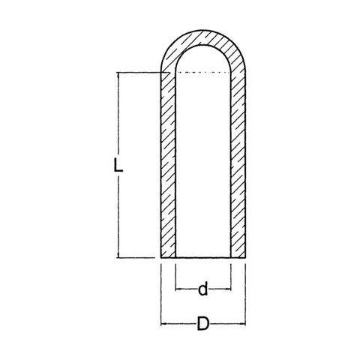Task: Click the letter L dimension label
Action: [118, 165]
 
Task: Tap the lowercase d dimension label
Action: [203, 289]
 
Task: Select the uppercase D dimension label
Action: [203, 323]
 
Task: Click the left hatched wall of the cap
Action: [168, 165]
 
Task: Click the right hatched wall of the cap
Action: [238, 165]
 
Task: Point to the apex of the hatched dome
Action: [203, 31]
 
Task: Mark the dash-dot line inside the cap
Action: [203, 73]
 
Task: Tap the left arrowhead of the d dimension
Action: [178, 289]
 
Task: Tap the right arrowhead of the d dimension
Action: [229, 289]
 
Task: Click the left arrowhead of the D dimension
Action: [163, 324]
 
